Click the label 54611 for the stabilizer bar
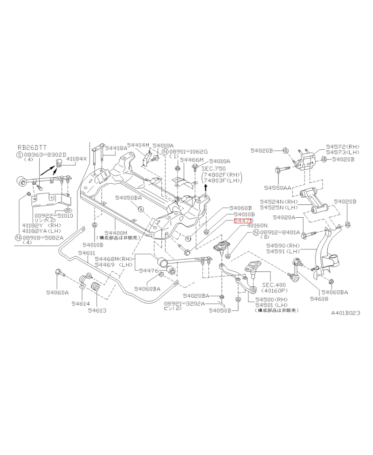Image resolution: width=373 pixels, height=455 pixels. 86,253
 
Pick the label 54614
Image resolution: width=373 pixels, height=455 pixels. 81,303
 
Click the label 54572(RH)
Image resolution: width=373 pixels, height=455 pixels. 343,146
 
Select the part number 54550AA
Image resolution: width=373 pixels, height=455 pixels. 278,188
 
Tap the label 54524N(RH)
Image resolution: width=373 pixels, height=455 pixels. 279,201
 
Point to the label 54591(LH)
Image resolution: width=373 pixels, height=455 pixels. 282,251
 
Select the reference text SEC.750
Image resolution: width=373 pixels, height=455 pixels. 213,167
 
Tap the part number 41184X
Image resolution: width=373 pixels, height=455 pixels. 76,159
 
